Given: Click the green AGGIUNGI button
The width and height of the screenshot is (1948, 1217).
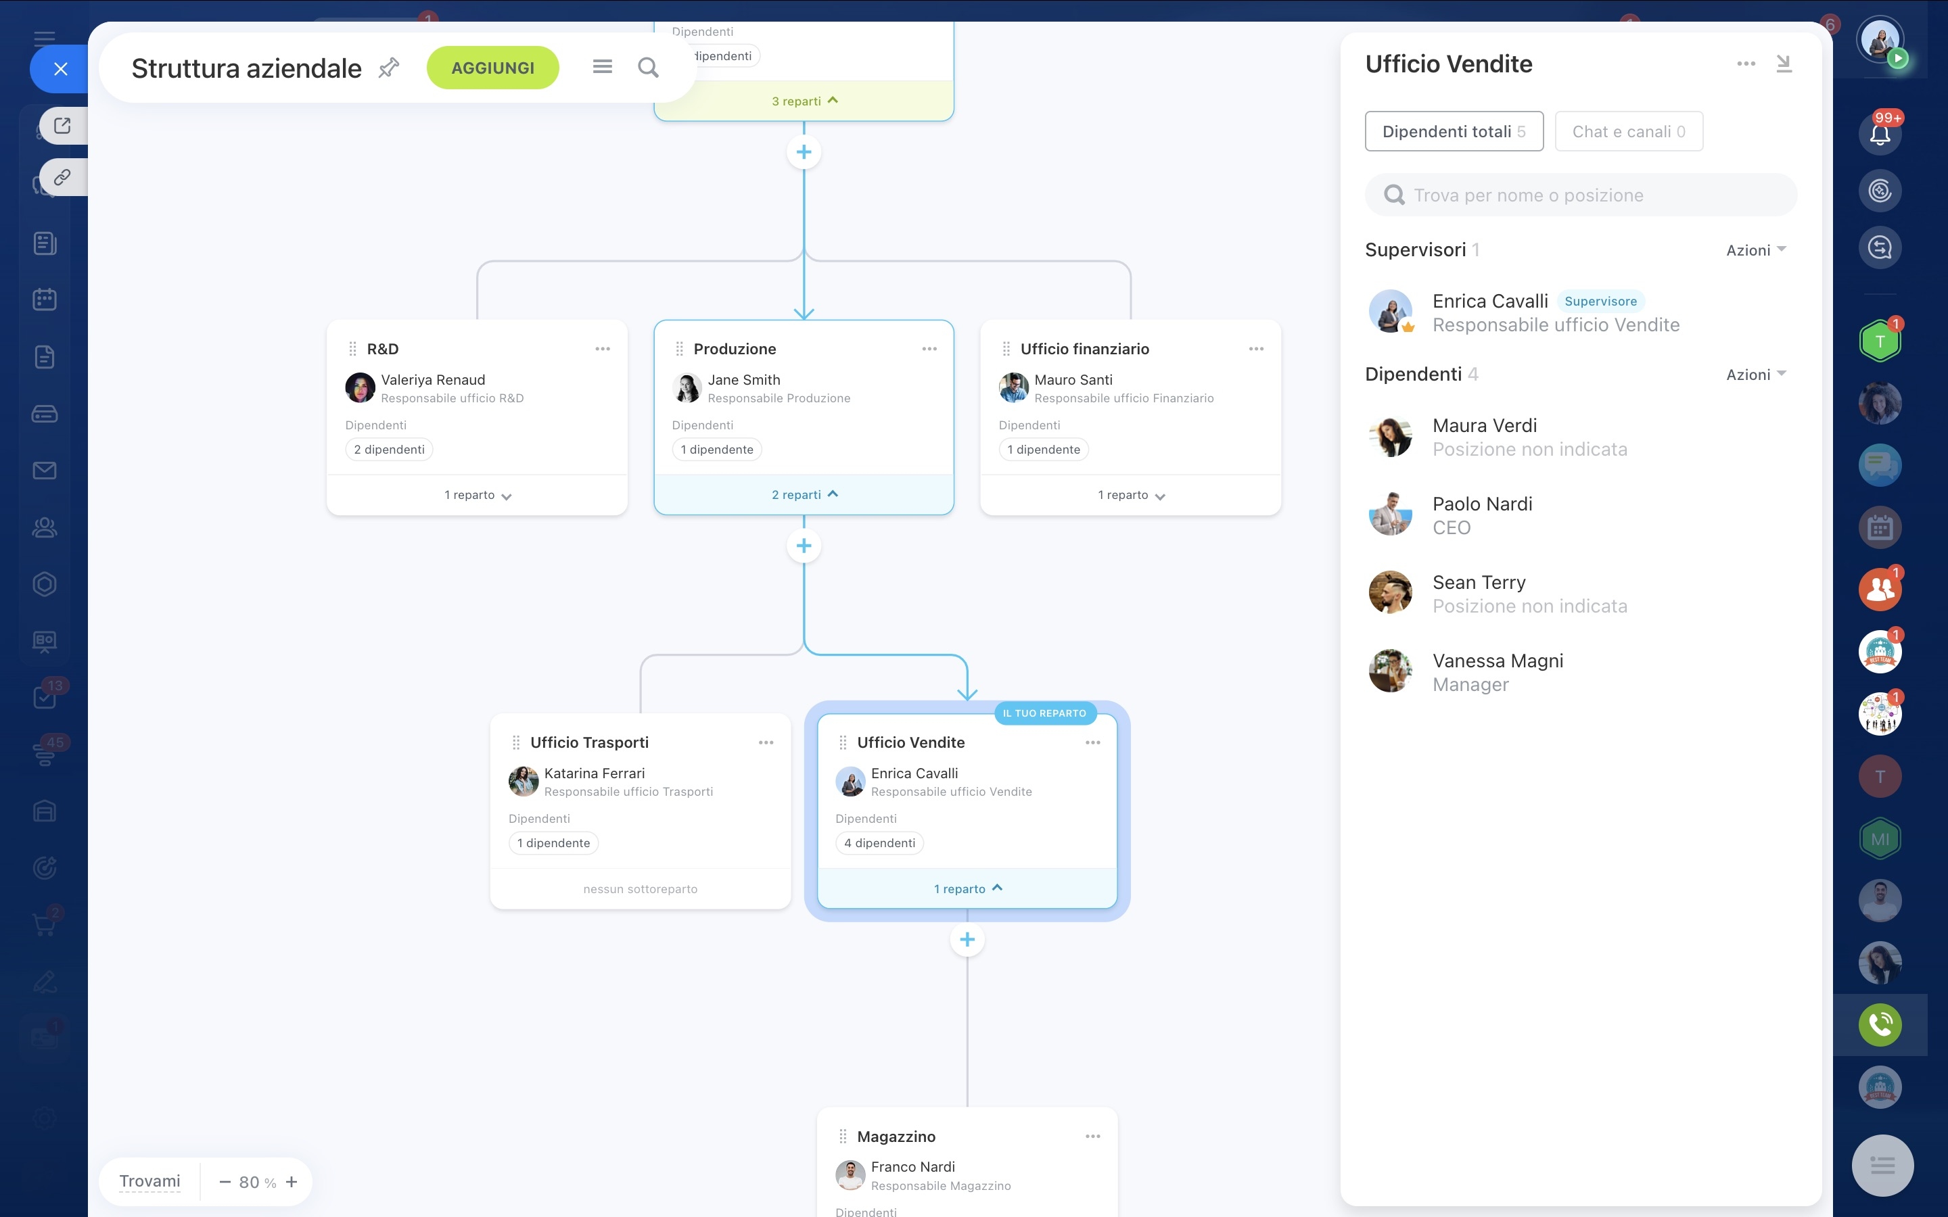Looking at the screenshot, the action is [492, 68].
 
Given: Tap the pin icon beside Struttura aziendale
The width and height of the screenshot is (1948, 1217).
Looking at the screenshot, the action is [389, 68].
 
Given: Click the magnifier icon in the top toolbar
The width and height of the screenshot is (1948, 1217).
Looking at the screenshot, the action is [648, 68].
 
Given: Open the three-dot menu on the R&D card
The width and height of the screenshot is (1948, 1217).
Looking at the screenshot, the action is [602, 348].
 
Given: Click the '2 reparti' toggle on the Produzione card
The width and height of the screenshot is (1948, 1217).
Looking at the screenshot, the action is [804, 494].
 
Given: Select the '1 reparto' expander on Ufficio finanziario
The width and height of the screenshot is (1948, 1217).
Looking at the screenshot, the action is [1131, 495].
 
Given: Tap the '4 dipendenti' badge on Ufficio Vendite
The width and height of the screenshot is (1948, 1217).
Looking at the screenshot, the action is [879, 842].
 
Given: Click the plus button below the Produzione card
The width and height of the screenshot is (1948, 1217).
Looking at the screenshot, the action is [804, 546].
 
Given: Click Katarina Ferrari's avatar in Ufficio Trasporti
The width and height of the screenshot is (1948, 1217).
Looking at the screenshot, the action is [524, 781].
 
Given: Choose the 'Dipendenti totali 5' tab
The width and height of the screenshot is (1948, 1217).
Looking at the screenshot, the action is [1454, 131].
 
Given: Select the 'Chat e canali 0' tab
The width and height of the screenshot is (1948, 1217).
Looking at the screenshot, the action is [1629, 131].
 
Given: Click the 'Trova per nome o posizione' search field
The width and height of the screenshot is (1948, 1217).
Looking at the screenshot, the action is [1580, 195].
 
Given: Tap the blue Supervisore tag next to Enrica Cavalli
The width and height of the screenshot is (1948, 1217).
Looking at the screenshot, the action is [1600, 301].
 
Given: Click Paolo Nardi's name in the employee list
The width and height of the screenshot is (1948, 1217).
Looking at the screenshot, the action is [1482, 504].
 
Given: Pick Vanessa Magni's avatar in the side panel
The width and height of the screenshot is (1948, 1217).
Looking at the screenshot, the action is [1390, 671].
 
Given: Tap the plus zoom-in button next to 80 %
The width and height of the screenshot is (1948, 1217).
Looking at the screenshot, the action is [292, 1182].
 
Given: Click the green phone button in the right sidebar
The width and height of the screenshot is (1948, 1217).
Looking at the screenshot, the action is [1880, 1024].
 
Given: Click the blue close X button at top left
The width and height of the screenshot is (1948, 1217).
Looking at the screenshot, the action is [60, 69].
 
